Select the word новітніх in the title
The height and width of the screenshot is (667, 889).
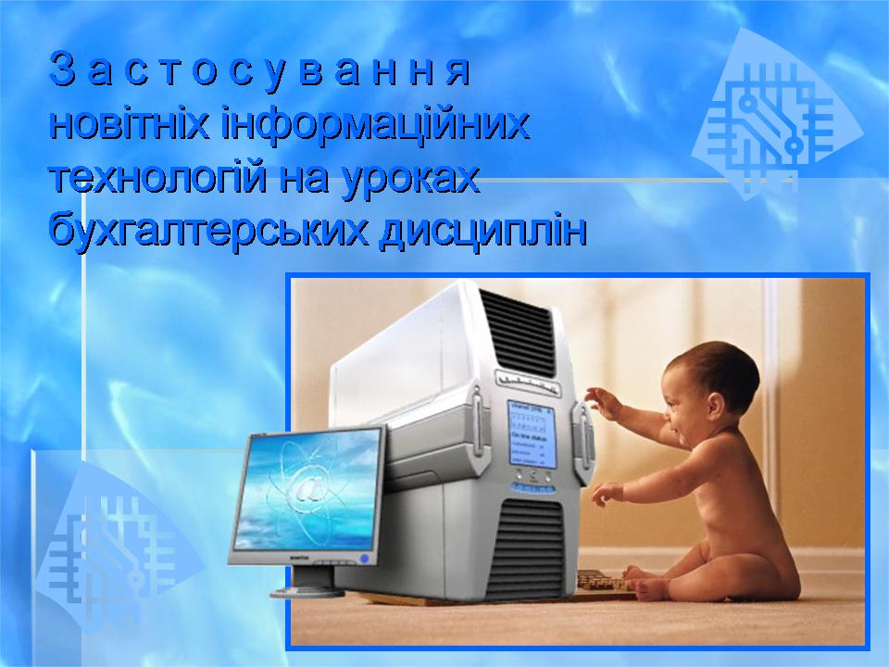(x=130, y=125)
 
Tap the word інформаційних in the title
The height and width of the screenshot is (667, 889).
(x=375, y=125)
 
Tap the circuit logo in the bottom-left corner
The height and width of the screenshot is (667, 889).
(x=111, y=547)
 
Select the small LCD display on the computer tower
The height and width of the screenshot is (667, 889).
(x=530, y=434)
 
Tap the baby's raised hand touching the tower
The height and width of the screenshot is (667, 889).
(x=600, y=400)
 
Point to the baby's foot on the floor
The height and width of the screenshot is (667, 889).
(x=648, y=590)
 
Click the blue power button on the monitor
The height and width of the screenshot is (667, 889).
(x=364, y=559)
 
